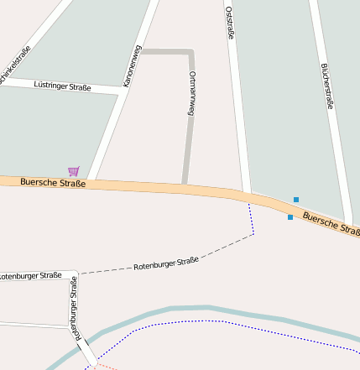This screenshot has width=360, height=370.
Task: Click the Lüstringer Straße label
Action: click(62, 86)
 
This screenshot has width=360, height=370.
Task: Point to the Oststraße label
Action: click(229, 23)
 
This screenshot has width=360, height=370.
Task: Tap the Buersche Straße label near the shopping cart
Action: click(52, 181)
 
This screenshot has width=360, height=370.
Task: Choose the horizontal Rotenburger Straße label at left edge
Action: click(30, 275)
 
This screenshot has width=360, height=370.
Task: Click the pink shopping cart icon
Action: click(74, 171)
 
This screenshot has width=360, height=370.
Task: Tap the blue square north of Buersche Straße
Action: click(295, 199)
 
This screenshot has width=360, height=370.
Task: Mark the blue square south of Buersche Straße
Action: click(290, 217)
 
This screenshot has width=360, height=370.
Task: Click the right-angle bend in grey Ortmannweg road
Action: click(191, 53)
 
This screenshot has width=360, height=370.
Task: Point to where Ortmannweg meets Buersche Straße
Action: click(184, 185)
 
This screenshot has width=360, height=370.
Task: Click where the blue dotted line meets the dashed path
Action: click(253, 234)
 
